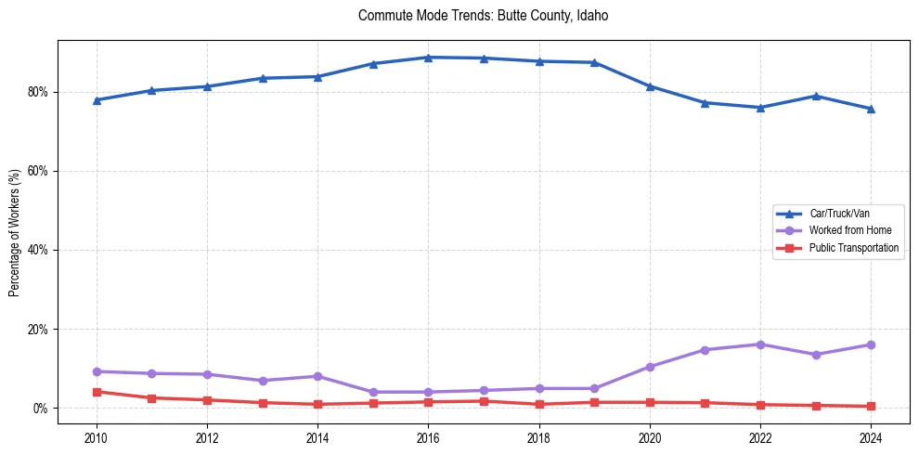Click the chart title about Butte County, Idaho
click(x=483, y=16)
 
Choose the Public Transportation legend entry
click(x=853, y=248)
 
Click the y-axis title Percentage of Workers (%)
click(x=15, y=232)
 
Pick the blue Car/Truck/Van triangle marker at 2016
click(x=428, y=58)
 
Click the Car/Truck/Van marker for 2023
click(x=816, y=96)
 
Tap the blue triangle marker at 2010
click(x=97, y=100)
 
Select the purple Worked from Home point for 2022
click(x=760, y=344)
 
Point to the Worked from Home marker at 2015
click(x=373, y=392)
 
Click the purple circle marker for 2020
click(x=650, y=367)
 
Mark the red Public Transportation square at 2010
click(x=97, y=392)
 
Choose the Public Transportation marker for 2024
click(x=871, y=406)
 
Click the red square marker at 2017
click(x=484, y=401)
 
